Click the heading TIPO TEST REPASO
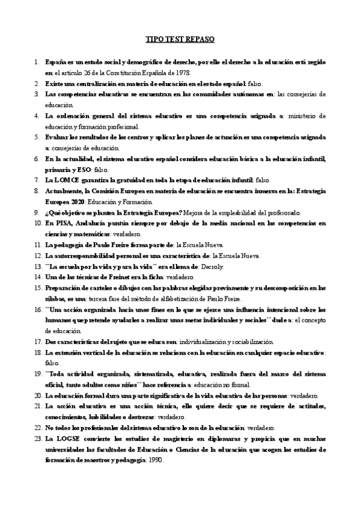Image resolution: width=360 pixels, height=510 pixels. (x=180, y=40)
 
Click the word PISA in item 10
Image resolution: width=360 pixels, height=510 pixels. (x=62, y=223)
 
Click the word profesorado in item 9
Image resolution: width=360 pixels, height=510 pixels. (x=284, y=212)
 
